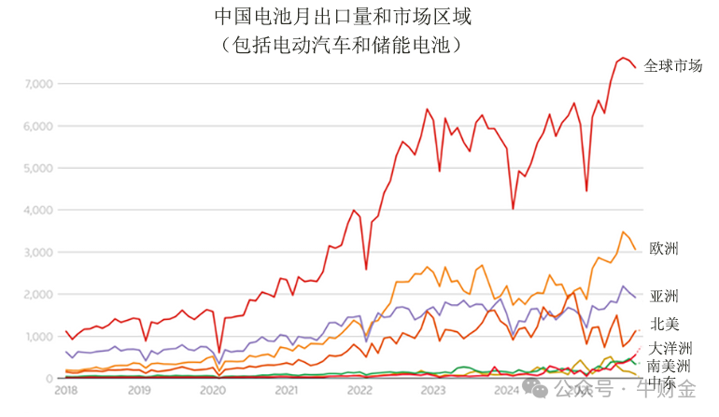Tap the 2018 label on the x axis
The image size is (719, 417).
[x=65, y=390]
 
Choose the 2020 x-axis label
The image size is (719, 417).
[x=213, y=390]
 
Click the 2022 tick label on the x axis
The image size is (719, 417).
[x=359, y=390]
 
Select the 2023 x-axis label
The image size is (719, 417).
[x=432, y=390]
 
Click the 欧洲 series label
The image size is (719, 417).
[x=664, y=248]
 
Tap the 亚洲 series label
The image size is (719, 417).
[x=664, y=296]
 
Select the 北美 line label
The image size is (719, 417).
[x=664, y=324]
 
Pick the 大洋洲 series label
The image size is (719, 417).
[x=670, y=349]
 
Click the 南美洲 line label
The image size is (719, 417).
[x=670, y=366]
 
